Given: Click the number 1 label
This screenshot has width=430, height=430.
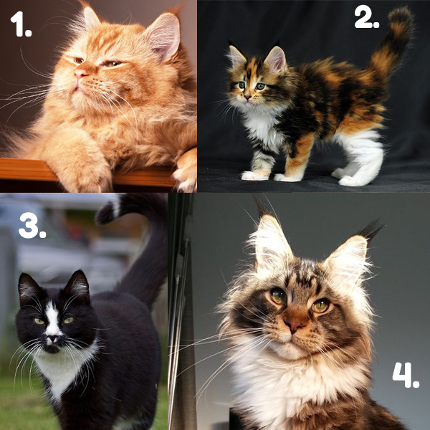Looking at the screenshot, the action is pyautogui.click(x=21, y=24).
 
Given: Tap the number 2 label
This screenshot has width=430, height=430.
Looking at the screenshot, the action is pyautogui.click(x=367, y=17).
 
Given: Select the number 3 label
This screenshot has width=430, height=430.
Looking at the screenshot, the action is pyautogui.click(x=32, y=226).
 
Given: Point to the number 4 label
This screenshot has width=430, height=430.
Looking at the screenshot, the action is pyautogui.click(x=406, y=375).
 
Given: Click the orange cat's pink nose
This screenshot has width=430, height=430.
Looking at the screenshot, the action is pyautogui.click(x=80, y=74).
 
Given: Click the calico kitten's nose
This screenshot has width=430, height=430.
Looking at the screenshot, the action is pyautogui.click(x=248, y=97).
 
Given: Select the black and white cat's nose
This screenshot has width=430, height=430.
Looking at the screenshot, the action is pyautogui.click(x=52, y=339).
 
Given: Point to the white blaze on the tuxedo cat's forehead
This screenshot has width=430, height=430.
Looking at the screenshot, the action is pyautogui.click(x=52, y=318).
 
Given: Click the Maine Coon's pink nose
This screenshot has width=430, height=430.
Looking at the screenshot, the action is pyautogui.click(x=292, y=326).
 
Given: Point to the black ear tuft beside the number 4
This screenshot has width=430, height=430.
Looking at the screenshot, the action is pyautogui.click(x=371, y=229).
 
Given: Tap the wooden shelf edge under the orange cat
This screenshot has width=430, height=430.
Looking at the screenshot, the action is pyautogui.click(x=82, y=171).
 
